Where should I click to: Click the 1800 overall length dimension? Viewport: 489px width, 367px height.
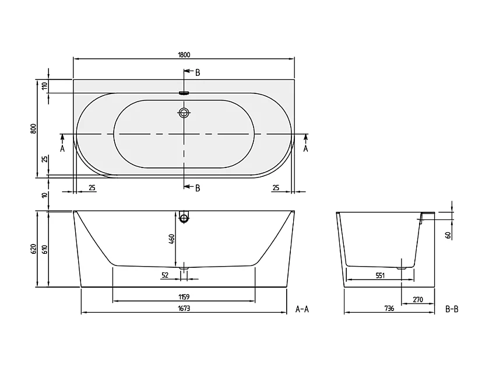pyautogui.click(x=184, y=54)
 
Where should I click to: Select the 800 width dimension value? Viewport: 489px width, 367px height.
pyautogui.click(x=34, y=128)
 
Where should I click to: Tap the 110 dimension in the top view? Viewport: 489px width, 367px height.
pyautogui.click(x=44, y=86)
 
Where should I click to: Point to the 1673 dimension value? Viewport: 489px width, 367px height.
pyautogui.click(x=184, y=309)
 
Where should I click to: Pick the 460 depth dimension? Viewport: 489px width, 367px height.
pyautogui.click(x=171, y=240)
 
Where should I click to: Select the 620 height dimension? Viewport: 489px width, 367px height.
pyautogui.click(x=34, y=249)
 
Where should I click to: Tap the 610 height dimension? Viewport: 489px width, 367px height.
pyautogui.click(x=44, y=249)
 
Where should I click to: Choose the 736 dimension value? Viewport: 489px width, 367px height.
pyautogui.click(x=389, y=309)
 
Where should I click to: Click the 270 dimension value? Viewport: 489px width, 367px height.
pyautogui.click(x=417, y=300)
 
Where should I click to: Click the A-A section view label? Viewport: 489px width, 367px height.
pyautogui.click(x=301, y=309)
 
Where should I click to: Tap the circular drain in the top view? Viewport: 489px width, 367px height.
pyautogui.click(x=185, y=113)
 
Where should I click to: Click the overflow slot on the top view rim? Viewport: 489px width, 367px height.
pyautogui.click(x=185, y=92)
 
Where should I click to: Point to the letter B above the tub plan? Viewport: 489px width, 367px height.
pyautogui.click(x=198, y=72)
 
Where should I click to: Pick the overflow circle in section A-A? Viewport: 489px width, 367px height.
pyautogui.click(x=185, y=219)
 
